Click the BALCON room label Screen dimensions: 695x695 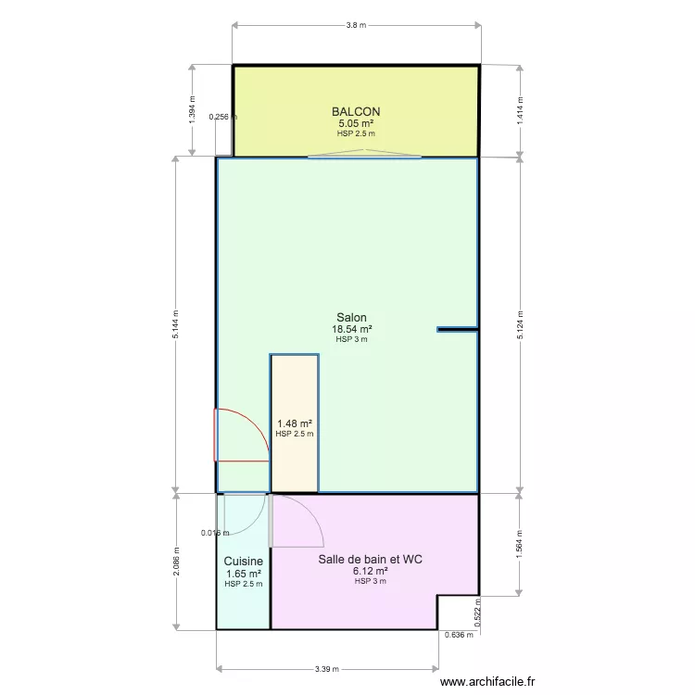pyautogui.click(x=356, y=112)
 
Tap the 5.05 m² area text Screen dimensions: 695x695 pyautogui.click(x=356, y=123)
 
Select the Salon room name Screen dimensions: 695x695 pyautogui.click(x=351, y=317)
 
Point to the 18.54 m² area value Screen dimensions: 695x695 pyautogui.click(x=352, y=329)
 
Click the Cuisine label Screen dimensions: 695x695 pyautogui.click(x=244, y=562)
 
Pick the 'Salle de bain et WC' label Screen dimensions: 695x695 pyautogui.click(x=370, y=560)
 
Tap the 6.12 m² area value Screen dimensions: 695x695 pyautogui.click(x=371, y=571)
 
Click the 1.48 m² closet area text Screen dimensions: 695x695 pyautogui.click(x=295, y=423)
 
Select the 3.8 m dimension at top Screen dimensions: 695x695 pyautogui.click(x=357, y=25)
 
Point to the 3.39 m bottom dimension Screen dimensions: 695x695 pyautogui.click(x=327, y=669)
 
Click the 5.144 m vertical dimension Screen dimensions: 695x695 pyautogui.click(x=175, y=324)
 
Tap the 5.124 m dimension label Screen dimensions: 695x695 pyautogui.click(x=520, y=325)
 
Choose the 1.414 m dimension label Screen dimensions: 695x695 pyautogui.click(x=520, y=110)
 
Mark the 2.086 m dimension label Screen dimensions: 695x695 pyautogui.click(x=176, y=562)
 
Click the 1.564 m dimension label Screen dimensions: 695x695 pyautogui.click(x=520, y=544)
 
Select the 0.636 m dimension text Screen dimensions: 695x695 pyautogui.click(x=459, y=635)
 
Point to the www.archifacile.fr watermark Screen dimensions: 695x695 pyautogui.click(x=487, y=681)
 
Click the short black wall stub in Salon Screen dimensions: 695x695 pyautogui.click(x=457, y=329)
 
